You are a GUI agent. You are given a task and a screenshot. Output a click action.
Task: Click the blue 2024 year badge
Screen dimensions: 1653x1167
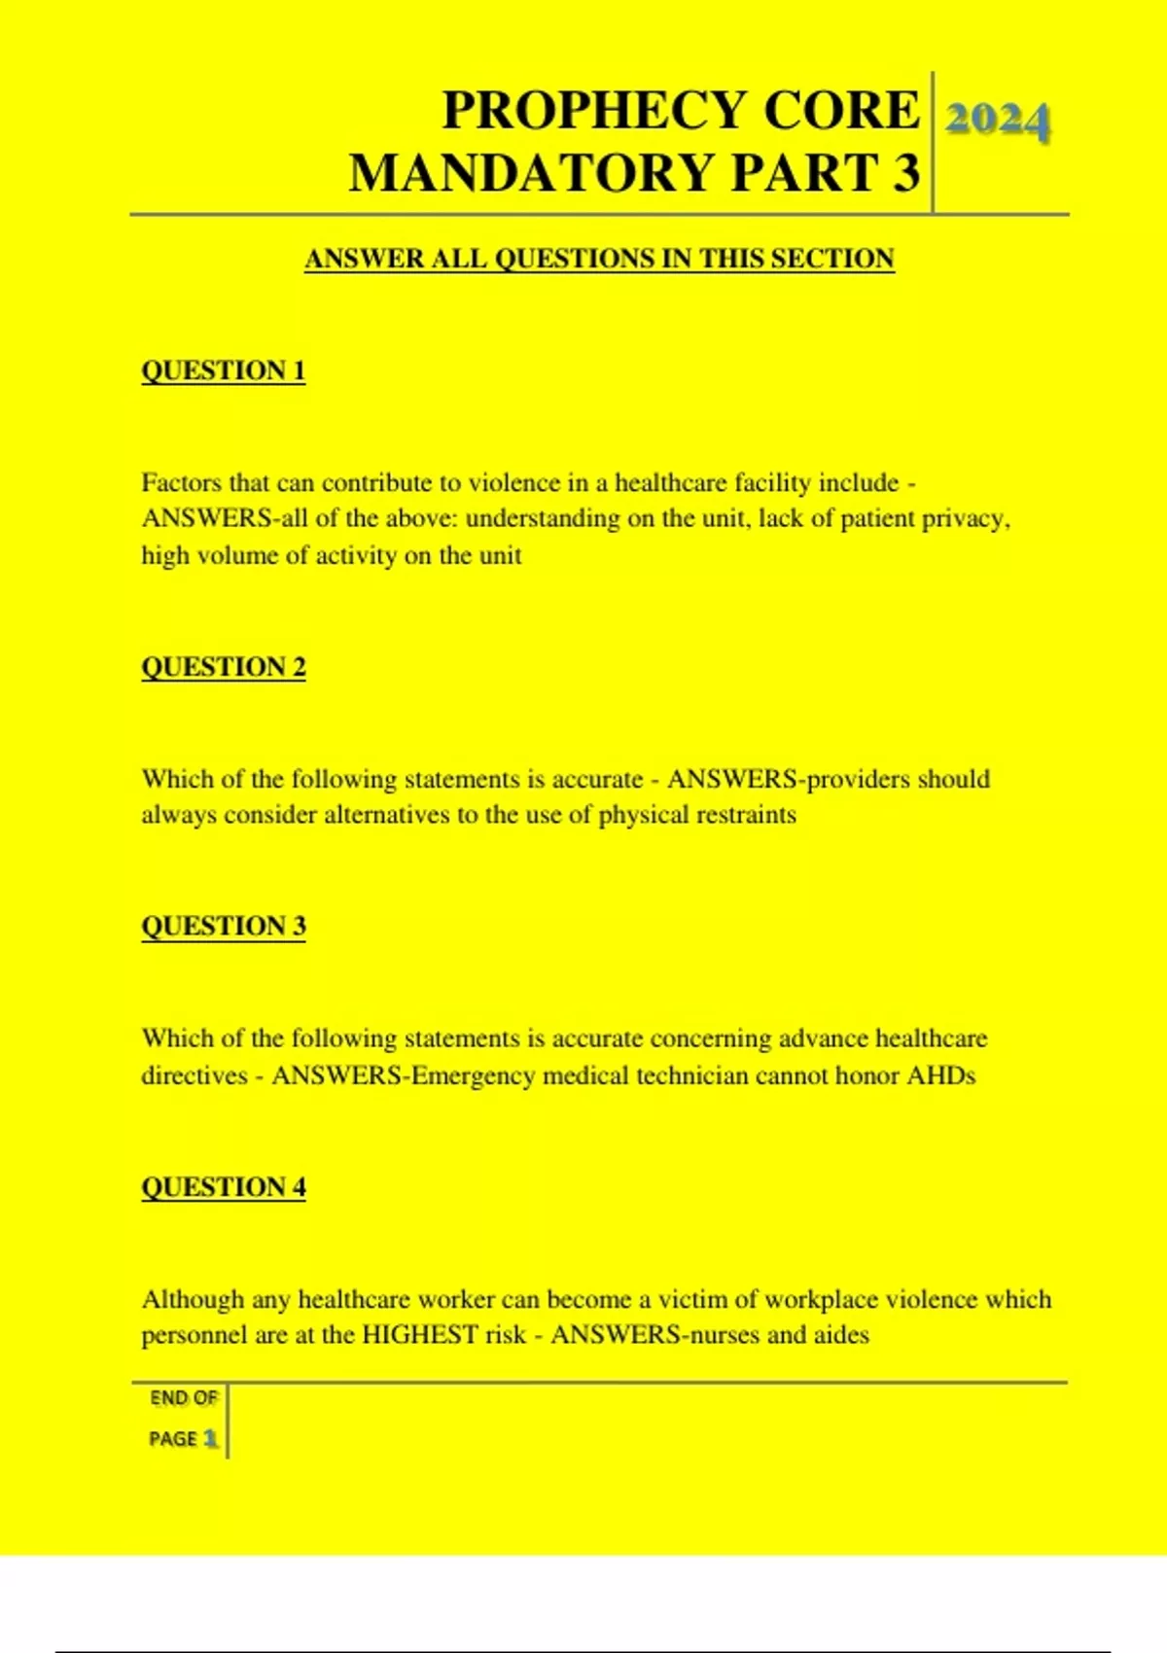[x=997, y=123]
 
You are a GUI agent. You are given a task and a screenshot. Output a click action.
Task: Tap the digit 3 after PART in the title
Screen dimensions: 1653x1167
[x=905, y=173]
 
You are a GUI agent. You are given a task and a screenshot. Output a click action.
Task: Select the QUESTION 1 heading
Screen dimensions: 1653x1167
[x=224, y=370]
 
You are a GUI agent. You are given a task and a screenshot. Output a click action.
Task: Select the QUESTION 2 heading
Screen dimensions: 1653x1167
[x=224, y=667]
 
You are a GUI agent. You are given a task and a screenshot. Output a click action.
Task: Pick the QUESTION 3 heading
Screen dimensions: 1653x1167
[x=224, y=926]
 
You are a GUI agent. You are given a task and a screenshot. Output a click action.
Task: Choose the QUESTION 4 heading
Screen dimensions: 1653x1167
[x=224, y=1187]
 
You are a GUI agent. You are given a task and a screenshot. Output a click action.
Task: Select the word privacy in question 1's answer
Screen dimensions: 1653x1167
[x=964, y=519]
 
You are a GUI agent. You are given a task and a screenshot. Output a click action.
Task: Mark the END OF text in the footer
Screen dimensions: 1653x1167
[x=183, y=1398]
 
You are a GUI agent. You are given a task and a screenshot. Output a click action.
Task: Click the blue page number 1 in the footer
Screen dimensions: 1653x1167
[x=210, y=1439]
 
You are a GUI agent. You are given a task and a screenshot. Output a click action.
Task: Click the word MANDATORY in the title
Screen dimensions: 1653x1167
[x=533, y=173]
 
